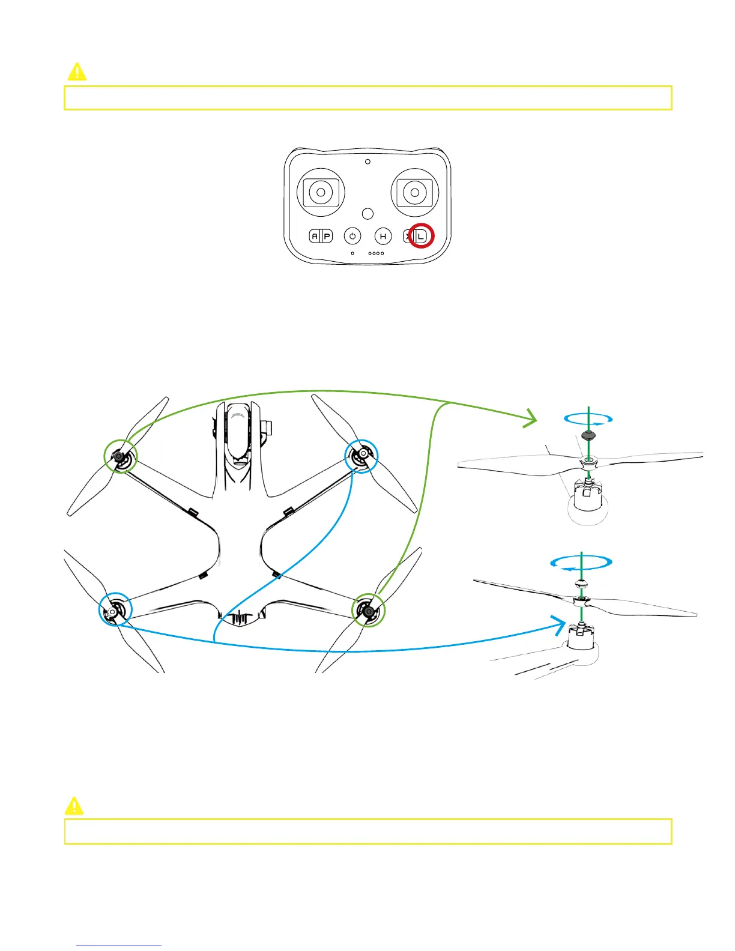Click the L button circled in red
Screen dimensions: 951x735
coord(421,236)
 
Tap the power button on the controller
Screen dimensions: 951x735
coord(352,236)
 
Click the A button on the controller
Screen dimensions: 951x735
coord(315,236)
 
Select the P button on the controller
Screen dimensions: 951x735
coord(327,236)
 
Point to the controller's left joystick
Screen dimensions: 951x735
coord(321,192)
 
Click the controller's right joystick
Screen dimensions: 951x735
coord(414,192)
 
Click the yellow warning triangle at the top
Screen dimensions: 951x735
coord(77,72)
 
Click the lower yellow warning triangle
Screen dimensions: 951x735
coord(74,806)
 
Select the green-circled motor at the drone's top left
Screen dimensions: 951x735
coord(120,457)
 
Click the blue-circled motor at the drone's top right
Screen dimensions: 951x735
coord(361,456)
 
